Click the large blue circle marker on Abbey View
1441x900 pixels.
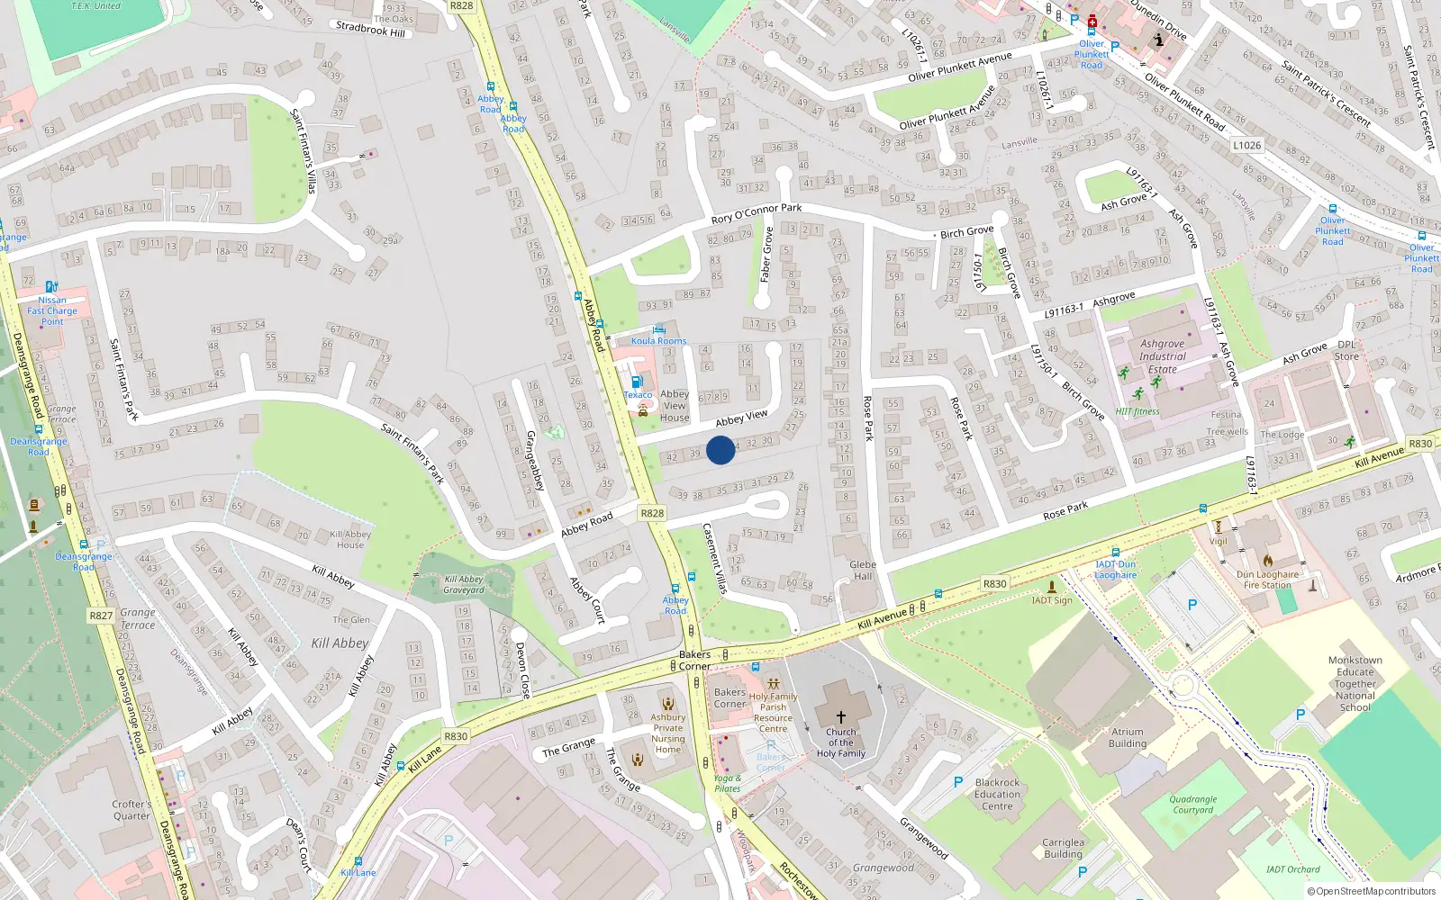click(720, 450)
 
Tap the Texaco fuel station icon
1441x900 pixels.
click(638, 382)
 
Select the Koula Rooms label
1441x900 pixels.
click(658, 341)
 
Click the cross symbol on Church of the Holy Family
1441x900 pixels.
click(841, 717)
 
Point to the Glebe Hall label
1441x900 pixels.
click(863, 571)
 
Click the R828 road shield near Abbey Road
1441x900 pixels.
click(652, 513)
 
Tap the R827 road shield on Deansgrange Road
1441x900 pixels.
click(101, 616)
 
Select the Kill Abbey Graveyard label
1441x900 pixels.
click(464, 585)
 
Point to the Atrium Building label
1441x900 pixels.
click(1128, 738)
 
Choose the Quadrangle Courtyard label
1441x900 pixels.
click(1193, 805)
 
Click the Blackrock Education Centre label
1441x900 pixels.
click(997, 794)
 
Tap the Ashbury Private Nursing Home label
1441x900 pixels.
click(668, 733)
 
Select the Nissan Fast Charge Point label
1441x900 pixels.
click(52, 310)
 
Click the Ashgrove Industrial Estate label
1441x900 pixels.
click(1163, 356)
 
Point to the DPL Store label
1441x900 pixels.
click(1346, 350)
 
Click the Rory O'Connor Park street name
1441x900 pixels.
click(757, 213)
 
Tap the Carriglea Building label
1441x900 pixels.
click(1063, 848)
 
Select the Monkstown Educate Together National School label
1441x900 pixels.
click(1355, 684)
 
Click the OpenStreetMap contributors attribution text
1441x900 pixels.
click(1372, 891)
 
